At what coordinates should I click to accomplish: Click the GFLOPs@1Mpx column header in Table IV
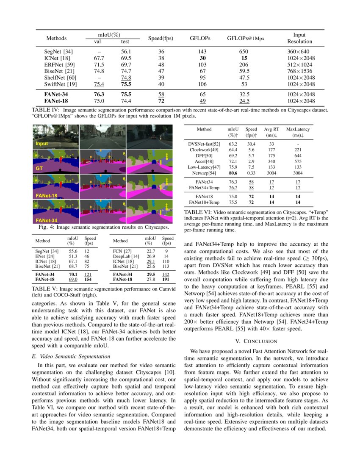(x=246, y=38)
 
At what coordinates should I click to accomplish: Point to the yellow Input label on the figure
(x=42, y=144)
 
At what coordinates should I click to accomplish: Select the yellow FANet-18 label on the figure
(x=46, y=195)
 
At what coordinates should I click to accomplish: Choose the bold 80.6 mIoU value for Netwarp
(x=233, y=173)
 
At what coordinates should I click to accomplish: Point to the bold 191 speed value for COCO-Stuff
(x=167, y=280)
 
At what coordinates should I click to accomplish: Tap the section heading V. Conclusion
(x=256, y=341)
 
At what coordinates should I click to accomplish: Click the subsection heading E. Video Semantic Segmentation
(x=71, y=356)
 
